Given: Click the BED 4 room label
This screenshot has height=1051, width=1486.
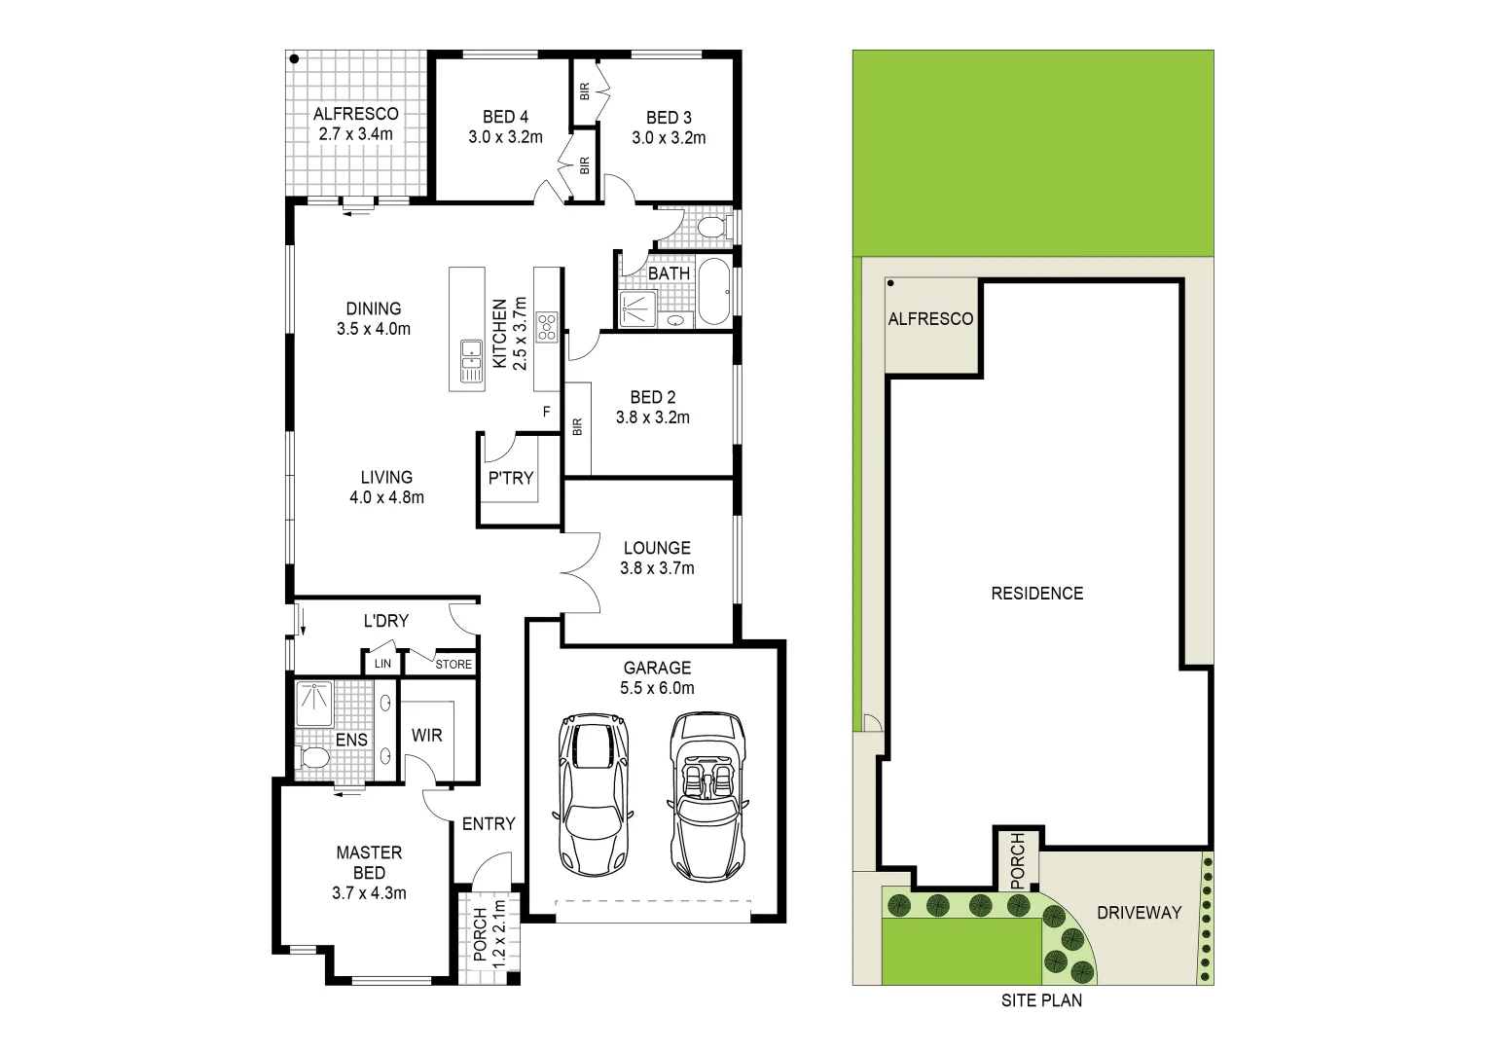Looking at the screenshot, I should coord(504,118).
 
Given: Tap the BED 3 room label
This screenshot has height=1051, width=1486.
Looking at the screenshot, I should coord(669,119).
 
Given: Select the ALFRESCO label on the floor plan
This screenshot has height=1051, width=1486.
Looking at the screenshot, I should coord(355,114).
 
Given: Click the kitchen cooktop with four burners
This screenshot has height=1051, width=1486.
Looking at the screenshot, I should coord(547,325).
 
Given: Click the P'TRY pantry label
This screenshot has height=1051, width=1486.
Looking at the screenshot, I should coord(511,478).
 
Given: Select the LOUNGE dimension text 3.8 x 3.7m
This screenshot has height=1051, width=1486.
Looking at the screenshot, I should coord(657,568).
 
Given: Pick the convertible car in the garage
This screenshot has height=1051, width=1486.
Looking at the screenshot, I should coord(708,794).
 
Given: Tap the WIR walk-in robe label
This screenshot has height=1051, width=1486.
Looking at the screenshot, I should coord(426,735).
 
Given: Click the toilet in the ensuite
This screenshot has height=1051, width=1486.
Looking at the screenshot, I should coord(313,756).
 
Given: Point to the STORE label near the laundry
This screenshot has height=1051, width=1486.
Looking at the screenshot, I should coord(453,665).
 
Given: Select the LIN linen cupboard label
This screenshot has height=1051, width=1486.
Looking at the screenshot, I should coord(382,664).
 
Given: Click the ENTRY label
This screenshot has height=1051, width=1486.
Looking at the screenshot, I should coord(489,824).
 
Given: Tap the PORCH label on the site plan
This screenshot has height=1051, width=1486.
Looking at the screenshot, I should coord(1018,858).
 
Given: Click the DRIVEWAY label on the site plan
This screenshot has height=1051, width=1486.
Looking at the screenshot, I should coord(1139,913).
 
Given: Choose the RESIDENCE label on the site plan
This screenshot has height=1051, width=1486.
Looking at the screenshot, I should coord(1036,593).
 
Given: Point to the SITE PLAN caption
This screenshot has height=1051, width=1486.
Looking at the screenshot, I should coord(1041,999).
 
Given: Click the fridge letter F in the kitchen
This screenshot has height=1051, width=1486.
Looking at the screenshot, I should coord(547,412).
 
